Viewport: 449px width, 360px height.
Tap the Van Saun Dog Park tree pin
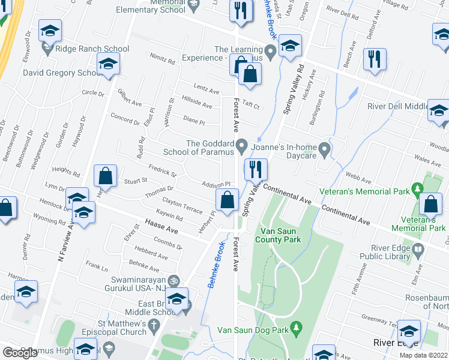click(295, 328)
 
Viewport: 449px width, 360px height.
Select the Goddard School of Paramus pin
click(242, 145)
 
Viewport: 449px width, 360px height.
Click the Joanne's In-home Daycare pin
click(325, 148)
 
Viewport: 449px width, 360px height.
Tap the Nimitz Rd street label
click(163, 61)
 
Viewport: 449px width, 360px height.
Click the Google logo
click(20, 353)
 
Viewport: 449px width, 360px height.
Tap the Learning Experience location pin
click(270, 53)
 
